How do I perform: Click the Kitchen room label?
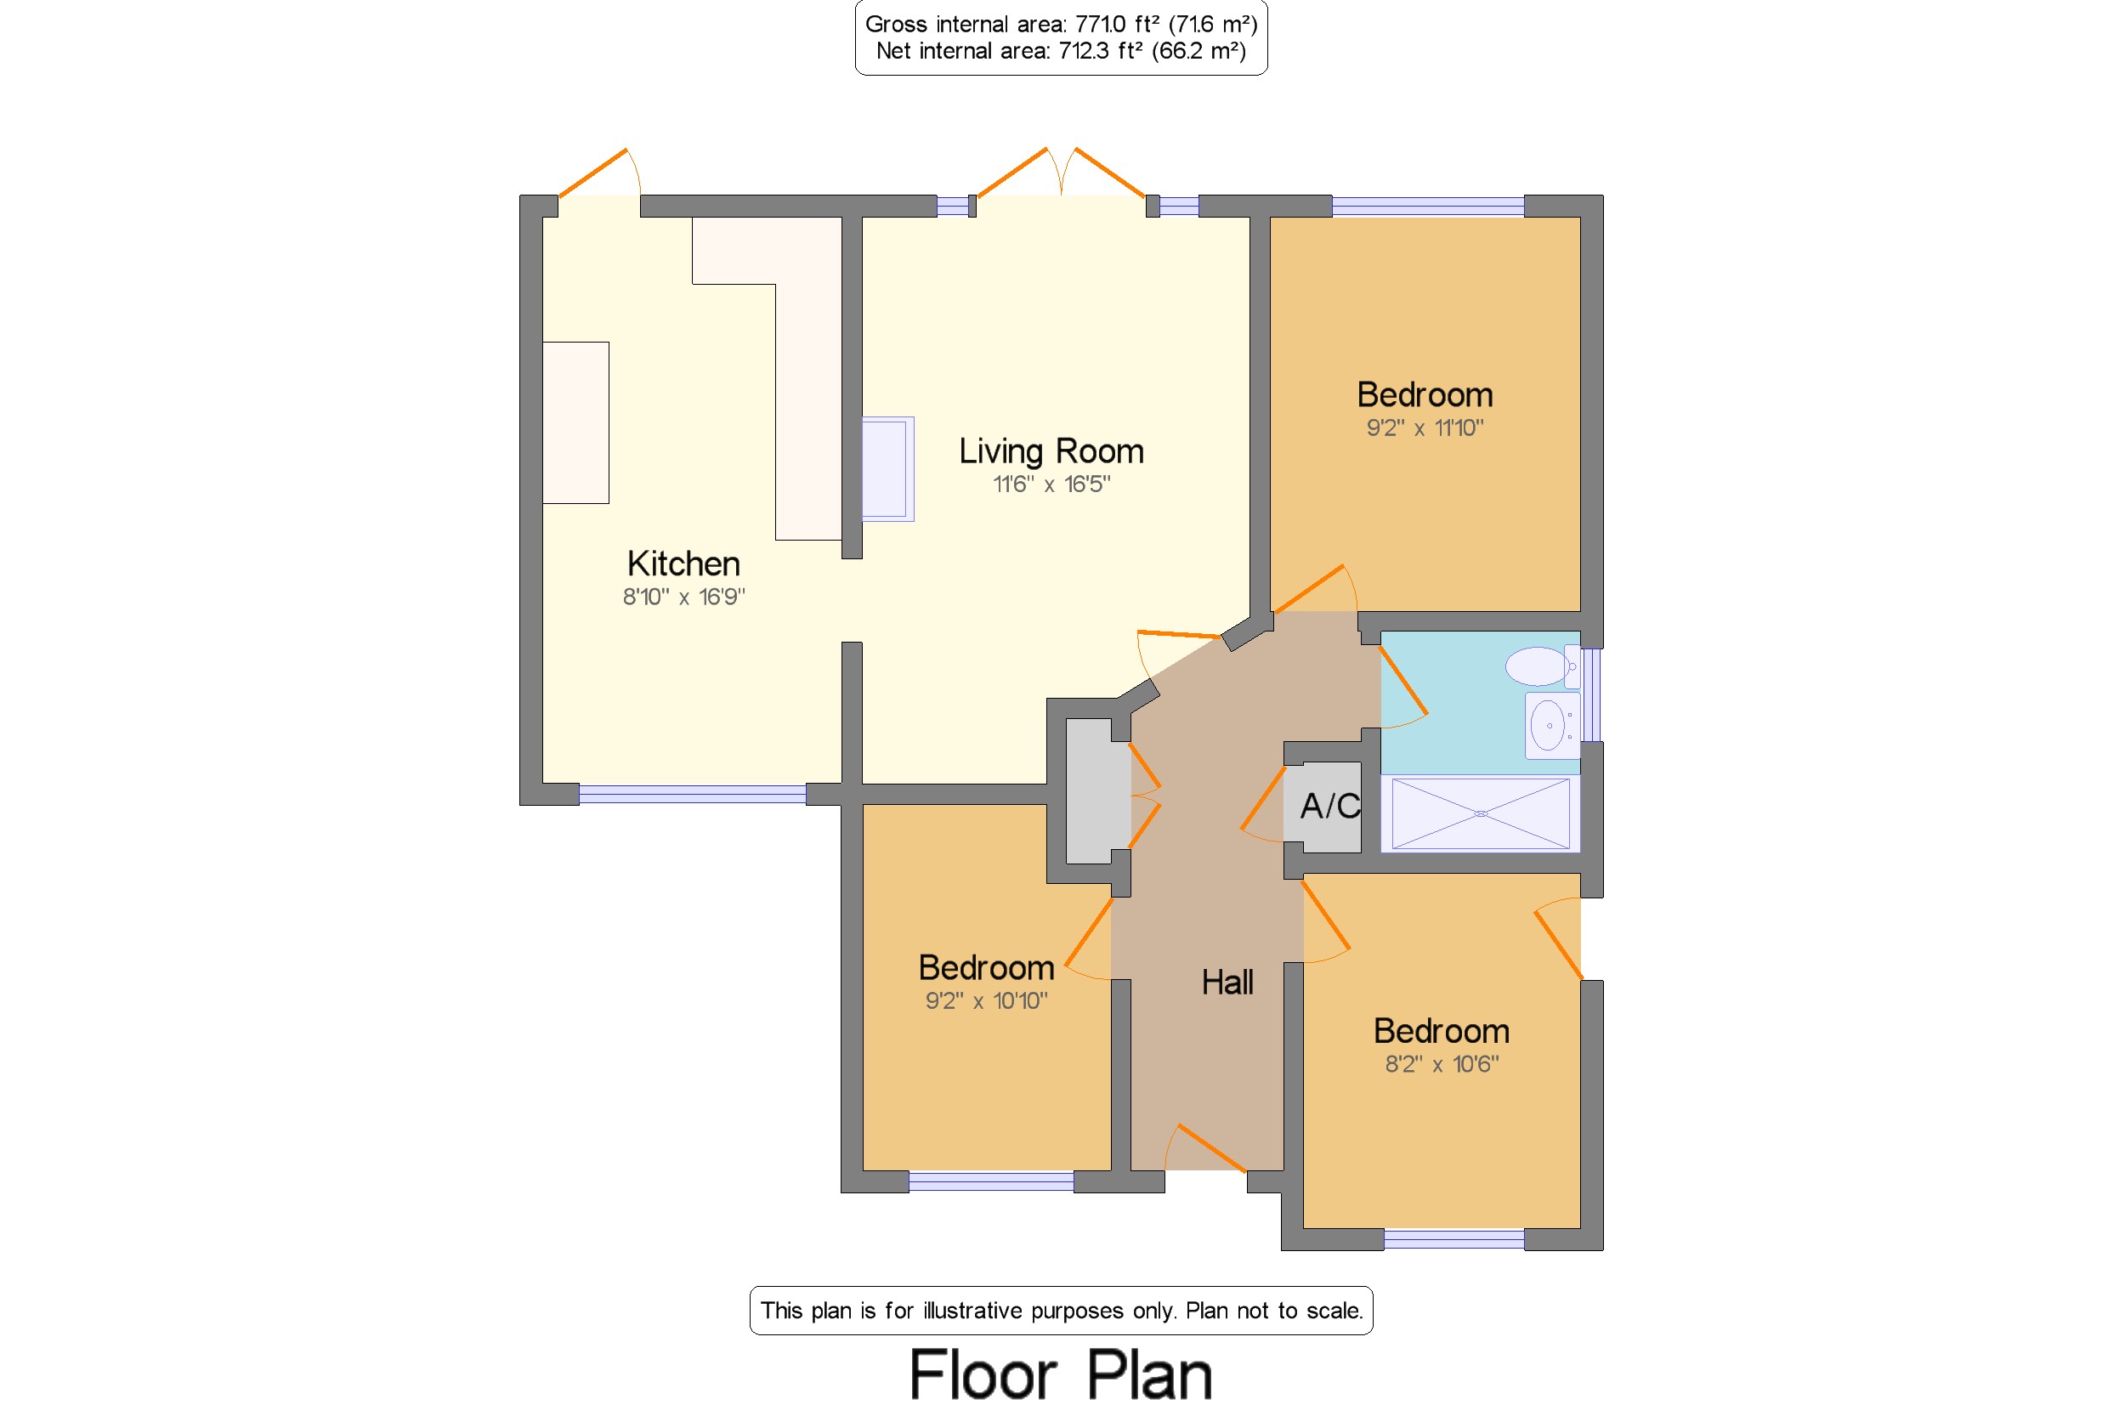683,564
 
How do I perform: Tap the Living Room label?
1051,450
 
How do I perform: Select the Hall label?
1227,982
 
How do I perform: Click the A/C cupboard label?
1329,806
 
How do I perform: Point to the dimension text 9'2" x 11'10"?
1425,428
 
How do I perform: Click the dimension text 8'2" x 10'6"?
1442,1064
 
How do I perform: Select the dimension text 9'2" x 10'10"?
986,1000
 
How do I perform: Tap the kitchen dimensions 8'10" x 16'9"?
683,596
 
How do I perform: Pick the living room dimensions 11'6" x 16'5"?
1051,484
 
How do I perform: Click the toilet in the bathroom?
1542,666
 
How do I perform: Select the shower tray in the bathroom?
1480,813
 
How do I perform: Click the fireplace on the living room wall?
887,468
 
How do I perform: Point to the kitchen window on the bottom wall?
692,795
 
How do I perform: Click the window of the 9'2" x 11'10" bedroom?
1428,206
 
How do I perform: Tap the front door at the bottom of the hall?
1205,1149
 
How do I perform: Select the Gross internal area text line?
1061,25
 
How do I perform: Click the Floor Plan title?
1060,1375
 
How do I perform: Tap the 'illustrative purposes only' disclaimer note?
1061,1311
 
